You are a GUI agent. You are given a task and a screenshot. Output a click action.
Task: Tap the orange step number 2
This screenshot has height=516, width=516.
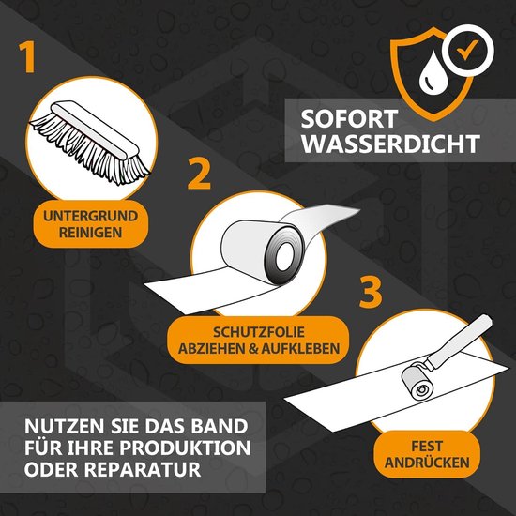click(199, 175)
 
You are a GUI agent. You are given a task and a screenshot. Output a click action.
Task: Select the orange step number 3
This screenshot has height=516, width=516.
click(372, 292)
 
